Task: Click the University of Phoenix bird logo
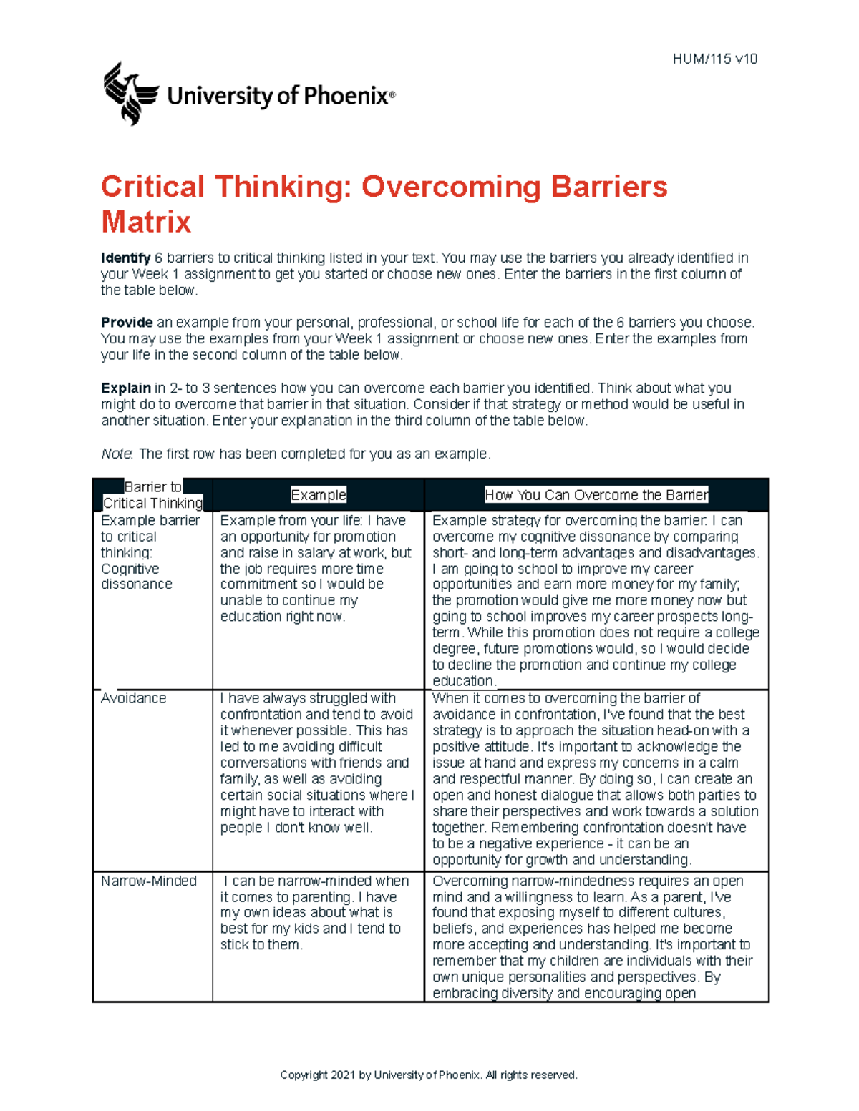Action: [130, 94]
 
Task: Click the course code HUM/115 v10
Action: [714, 59]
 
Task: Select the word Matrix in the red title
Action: [146, 222]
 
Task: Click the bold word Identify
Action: [125, 258]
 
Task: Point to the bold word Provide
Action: [127, 323]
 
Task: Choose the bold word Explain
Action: [126, 388]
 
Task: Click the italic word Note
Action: [116, 454]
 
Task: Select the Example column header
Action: [318, 495]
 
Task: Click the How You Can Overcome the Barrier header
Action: [596, 495]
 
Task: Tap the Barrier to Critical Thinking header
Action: [152, 495]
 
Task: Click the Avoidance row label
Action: [133, 698]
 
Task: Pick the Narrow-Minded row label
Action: [148, 881]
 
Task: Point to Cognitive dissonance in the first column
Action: [136, 577]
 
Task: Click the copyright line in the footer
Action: [428, 1075]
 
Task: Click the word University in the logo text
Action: [219, 96]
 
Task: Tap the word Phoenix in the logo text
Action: [346, 96]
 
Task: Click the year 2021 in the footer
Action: [343, 1075]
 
